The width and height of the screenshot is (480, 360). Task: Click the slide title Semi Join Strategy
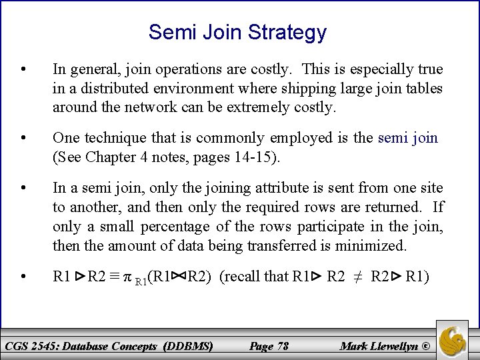point(238,32)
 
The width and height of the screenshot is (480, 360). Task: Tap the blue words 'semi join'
point(408,138)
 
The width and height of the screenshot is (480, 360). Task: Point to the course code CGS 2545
point(31,346)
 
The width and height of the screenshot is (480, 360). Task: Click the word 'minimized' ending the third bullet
point(371,245)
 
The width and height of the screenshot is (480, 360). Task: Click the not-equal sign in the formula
point(358,277)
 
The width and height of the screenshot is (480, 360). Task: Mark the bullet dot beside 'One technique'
point(24,138)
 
